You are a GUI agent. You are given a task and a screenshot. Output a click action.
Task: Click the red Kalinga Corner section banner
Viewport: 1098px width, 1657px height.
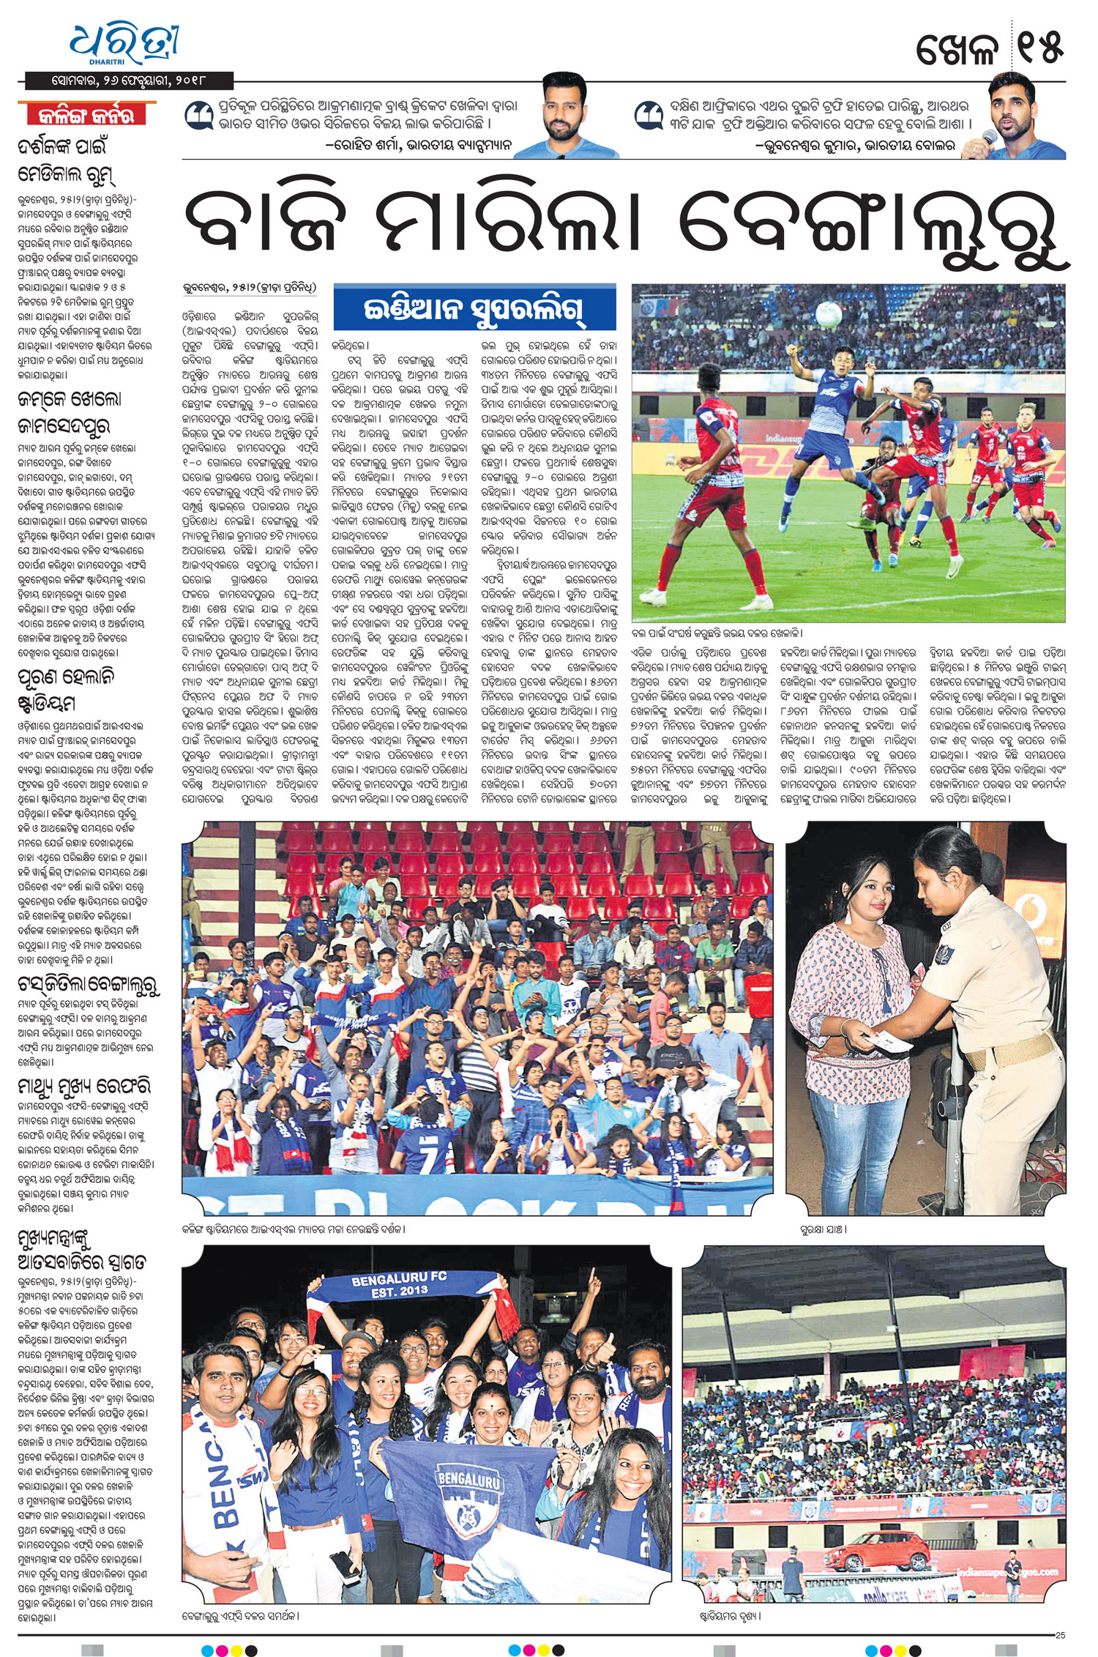(x=86, y=114)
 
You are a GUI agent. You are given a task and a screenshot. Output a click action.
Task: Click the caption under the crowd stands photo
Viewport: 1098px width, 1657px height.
(x=294, y=1229)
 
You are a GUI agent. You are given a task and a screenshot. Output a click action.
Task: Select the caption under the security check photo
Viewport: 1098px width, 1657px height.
(x=823, y=1229)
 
